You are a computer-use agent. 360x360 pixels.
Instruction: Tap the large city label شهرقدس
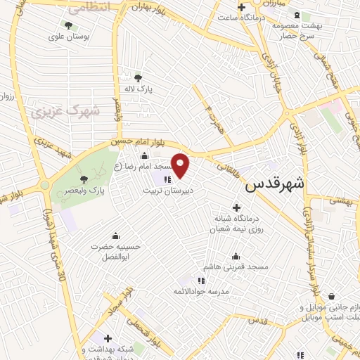tap(275, 186)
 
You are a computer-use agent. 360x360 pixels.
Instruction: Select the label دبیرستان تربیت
tap(167, 191)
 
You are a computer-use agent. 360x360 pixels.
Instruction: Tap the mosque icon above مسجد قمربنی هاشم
tap(236, 257)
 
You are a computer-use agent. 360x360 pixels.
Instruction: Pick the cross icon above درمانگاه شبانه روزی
tap(236, 207)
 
